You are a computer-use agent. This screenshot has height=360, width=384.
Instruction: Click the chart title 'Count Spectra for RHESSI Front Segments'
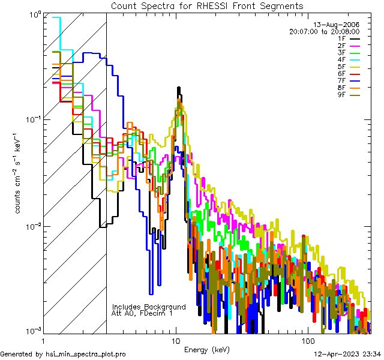pos(207,5)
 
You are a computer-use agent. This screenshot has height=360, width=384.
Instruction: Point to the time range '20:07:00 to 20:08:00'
pos(324,31)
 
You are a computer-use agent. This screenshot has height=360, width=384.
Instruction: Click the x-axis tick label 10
pos(176,340)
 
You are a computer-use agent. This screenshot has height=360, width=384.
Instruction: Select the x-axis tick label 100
pos(308,340)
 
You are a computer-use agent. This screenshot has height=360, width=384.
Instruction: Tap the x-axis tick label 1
pos(44,340)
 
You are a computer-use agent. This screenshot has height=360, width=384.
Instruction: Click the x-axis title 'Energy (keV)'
pos(207,349)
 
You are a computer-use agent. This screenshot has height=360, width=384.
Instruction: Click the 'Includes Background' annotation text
pos(149,307)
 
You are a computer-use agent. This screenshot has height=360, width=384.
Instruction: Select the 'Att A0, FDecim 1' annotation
pos(142,313)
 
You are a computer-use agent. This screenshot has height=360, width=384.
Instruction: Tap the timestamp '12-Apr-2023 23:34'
pos(348,354)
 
